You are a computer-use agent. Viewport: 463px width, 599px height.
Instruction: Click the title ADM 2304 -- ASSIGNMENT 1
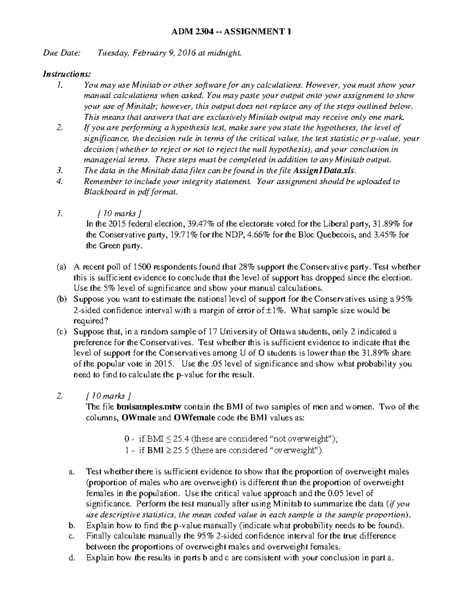[231, 32]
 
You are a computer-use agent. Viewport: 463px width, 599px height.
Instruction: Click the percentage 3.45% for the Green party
[386, 235]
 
